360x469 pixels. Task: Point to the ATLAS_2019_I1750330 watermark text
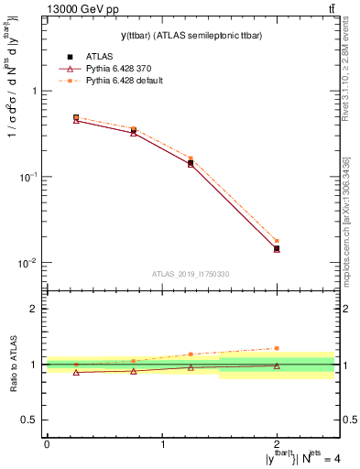coord(191,273)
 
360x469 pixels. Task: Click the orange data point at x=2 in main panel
coord(277,241)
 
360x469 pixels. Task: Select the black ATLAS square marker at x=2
coord(277,248)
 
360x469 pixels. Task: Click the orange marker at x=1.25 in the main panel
coord(191,158)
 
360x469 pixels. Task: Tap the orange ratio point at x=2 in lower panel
coord(277,348)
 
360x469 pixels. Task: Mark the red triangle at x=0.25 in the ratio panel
coord(76,372)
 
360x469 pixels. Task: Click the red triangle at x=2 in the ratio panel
coord(277,365)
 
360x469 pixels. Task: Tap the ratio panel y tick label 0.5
coord(31,420)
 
